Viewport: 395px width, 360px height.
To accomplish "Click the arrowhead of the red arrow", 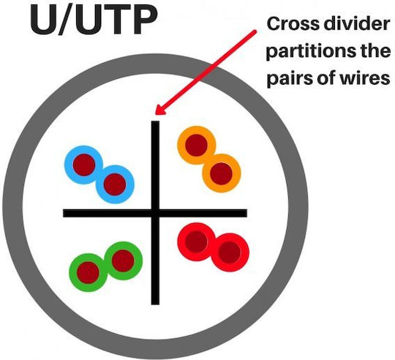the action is (159, 110).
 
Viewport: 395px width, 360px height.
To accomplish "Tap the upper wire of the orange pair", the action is (196, 146).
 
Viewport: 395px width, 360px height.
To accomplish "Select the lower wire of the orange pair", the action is (221, 173).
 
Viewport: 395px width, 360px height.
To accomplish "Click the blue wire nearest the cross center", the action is (115, 184).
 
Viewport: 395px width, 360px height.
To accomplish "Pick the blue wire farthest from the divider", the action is (84, 165).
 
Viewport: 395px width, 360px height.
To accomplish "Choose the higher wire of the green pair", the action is (123, 260).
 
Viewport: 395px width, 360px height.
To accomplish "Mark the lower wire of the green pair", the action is (89, 273).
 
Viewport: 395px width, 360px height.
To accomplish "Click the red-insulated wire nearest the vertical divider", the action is (197, 241).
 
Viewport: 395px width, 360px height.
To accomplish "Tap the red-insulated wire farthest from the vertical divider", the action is (230, 252).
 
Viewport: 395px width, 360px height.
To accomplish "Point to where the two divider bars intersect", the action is (155, 213).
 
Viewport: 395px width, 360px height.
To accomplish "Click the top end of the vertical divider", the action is (155, 121).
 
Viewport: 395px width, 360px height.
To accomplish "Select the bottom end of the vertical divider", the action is (155, 304).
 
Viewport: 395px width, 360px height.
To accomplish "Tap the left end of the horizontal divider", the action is (64, 213).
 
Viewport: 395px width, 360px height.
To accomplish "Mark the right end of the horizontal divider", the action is (247, 213).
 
